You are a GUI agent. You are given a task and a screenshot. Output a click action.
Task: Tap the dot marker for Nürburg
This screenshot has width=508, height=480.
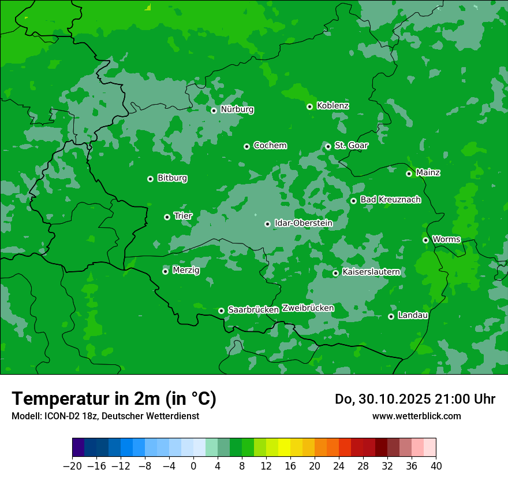pos(214,110)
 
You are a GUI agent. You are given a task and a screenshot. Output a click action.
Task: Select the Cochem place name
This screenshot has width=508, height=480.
pos(270,146)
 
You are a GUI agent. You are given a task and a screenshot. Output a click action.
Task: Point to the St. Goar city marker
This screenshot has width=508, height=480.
pos(328,146)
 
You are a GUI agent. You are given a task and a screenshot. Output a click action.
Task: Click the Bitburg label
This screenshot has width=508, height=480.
pos(172,178)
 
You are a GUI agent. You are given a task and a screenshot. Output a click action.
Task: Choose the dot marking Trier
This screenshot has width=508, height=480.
pos(167,217)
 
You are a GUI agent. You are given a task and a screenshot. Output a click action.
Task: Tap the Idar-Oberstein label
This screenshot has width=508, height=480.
pos(304,223)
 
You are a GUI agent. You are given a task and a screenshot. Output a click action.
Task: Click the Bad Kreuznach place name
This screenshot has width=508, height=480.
pos(390,200)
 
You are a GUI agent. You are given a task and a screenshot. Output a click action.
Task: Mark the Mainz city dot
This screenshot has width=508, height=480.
pos(409,173)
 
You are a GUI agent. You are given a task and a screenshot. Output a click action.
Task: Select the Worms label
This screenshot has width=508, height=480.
pos(446,239)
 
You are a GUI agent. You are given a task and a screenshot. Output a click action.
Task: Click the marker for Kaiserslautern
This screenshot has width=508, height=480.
pos(335,273)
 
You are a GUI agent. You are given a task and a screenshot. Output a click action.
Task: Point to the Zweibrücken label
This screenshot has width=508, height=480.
pos(308,308)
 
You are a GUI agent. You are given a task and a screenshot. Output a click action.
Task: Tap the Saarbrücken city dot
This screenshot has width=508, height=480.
pos(221,311)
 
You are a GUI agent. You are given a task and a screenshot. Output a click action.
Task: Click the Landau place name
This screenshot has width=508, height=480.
pos(413,315)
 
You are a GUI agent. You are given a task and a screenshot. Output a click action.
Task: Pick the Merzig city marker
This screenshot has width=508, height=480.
pos(165,271)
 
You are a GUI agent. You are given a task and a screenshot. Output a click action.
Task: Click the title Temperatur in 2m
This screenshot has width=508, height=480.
pos(114,399)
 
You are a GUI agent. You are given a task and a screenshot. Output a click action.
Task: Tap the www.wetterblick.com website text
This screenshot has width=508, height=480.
pos(416,416)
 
